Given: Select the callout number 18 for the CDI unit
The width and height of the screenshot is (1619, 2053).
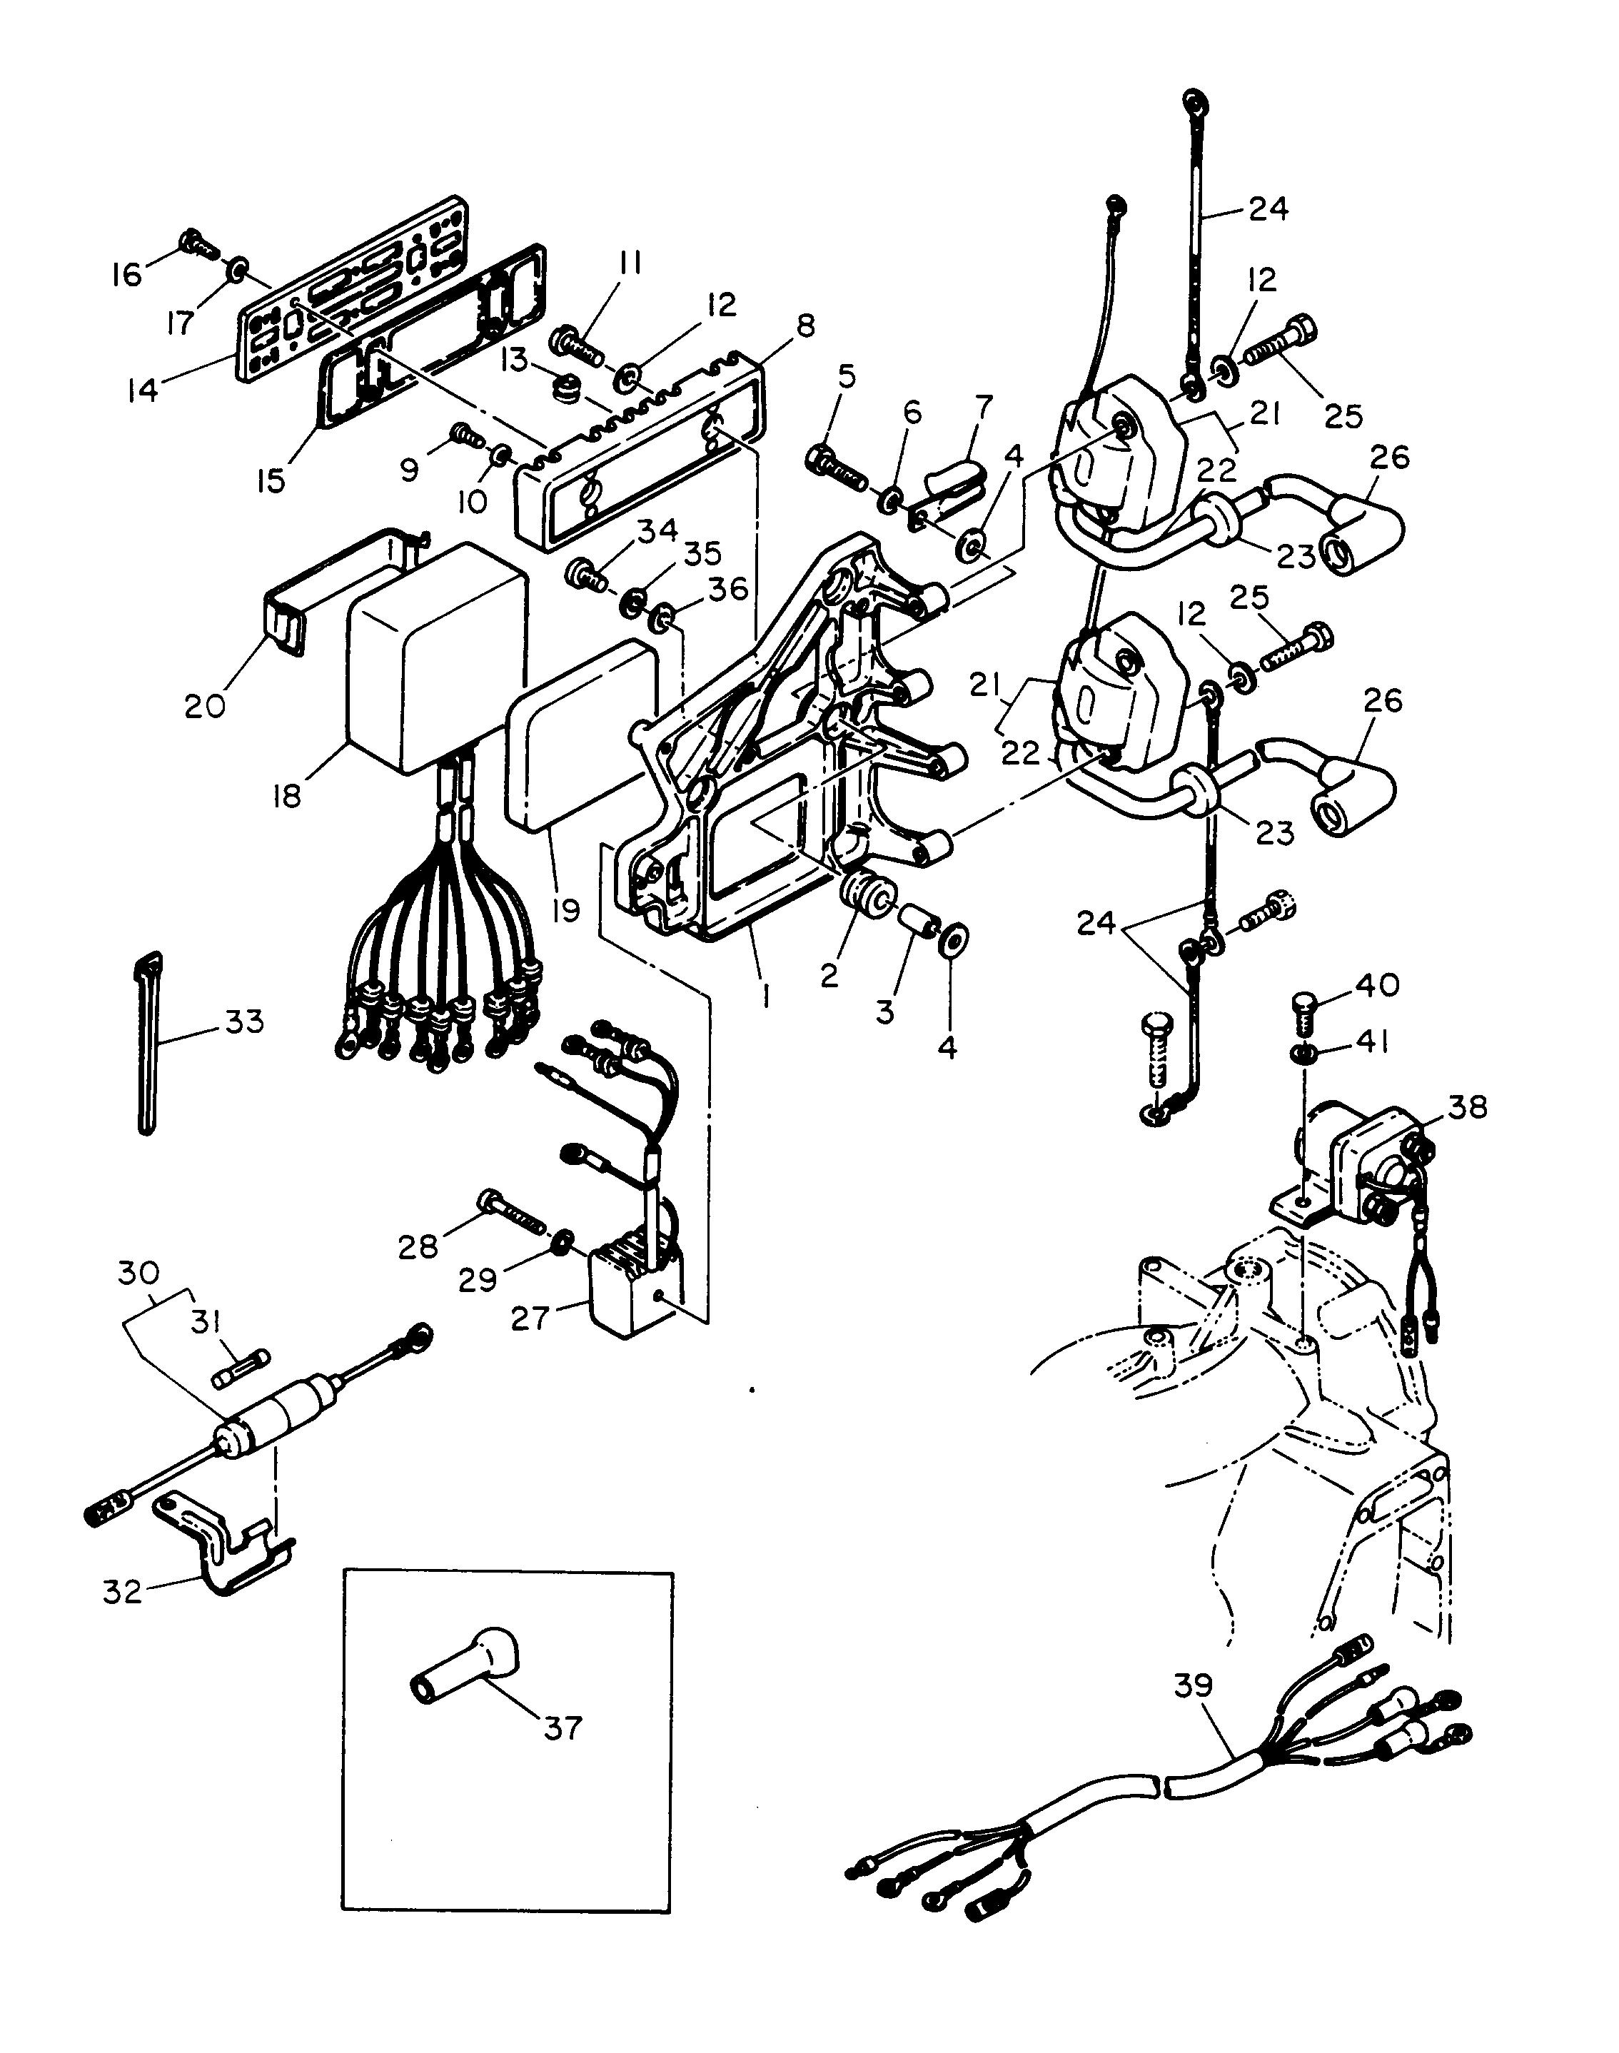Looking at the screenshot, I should point(286,795).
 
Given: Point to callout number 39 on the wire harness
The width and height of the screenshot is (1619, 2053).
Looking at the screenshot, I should point(1194,1685).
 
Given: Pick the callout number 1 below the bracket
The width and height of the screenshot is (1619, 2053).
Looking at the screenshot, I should point(766,995).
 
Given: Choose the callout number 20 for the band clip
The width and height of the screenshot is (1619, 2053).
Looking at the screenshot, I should point(205,705).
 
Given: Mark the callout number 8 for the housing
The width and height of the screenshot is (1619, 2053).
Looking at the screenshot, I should point(805,326).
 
